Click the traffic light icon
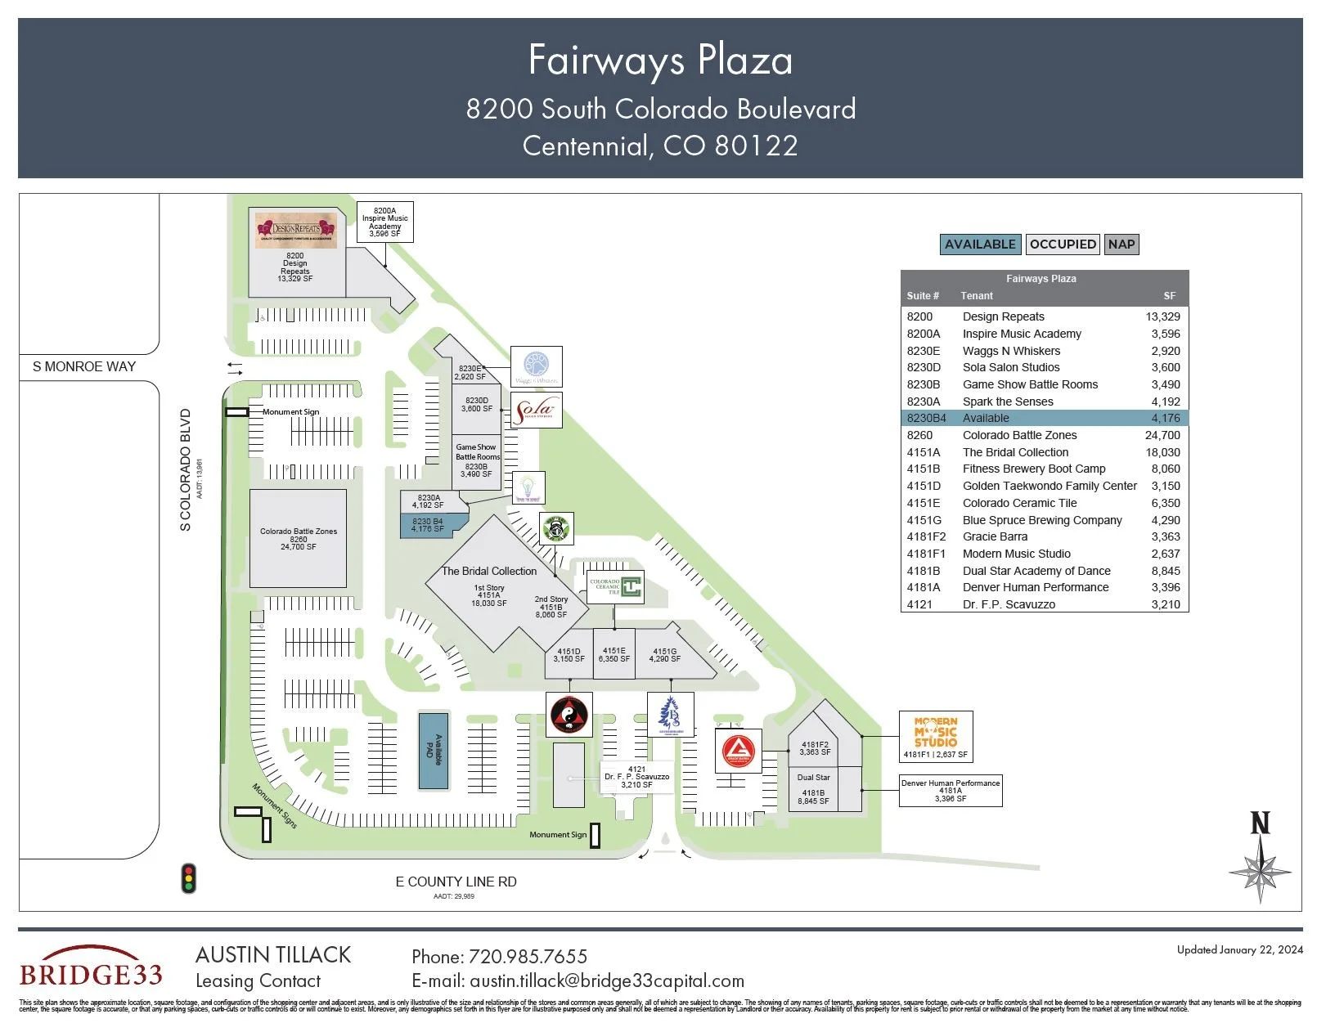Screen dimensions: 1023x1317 click(189, 877)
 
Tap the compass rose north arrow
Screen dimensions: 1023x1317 click(1260, 859)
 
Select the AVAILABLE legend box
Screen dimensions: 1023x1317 click(980, 244)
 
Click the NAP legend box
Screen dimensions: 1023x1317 click(1121, 244)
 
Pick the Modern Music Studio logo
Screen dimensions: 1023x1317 click(936, 732)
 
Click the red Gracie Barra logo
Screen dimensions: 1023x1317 click(739, 751)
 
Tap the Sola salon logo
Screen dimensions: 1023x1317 click(536, 410)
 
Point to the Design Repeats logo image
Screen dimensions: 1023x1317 click(295, 230)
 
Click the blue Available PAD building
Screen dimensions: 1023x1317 click(434, 751)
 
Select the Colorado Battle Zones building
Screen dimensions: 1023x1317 click(298, 538)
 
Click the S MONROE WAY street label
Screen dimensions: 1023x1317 click(84, 366)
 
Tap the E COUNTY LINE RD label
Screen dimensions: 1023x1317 click(456, 882)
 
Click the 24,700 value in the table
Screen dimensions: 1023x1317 click(1162, 435)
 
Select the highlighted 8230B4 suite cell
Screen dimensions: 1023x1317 click(926, 418)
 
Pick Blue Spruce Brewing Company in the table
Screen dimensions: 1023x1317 click(1041, 520)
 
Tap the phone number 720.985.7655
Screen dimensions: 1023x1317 click(527, 956)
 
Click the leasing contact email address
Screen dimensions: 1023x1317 click(606, 980)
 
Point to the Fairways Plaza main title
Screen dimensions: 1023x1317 click(660, 60)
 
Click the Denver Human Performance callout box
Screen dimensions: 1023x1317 click(950, 791)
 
